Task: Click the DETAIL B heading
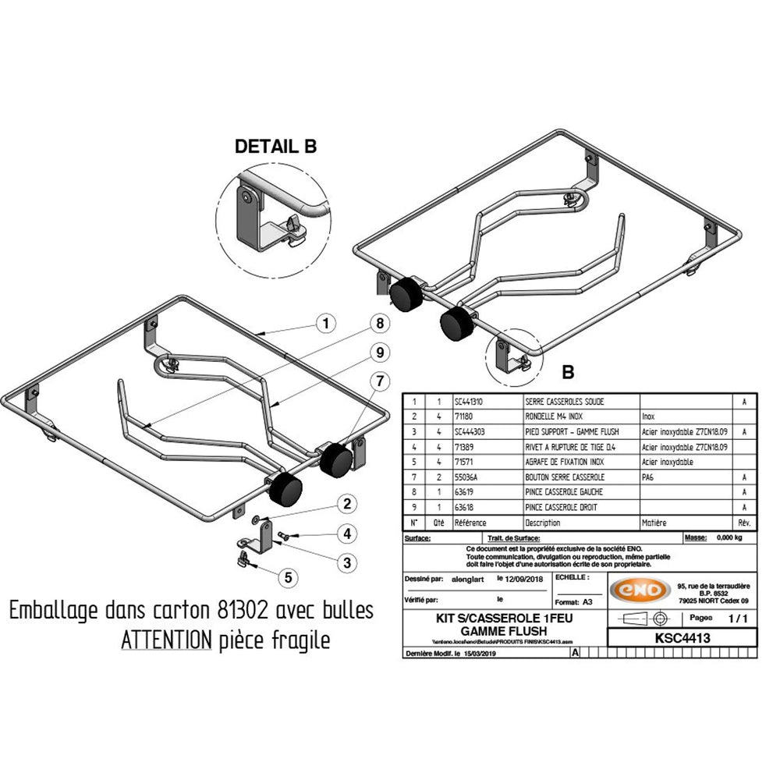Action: tap(276, 147)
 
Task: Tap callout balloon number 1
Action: tap(327, 323)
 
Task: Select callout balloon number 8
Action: tap(380, 323)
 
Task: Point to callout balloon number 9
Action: tap(380, 353)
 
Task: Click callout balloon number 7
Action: tap(380, 381)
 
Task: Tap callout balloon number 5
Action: tap(289, 578)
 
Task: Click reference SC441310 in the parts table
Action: tap(470, 401)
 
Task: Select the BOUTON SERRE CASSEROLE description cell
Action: tap(565, 477)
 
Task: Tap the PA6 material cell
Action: tap(649, 477)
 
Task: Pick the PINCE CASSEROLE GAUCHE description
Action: tap(565, 492)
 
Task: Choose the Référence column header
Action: tap(470, 523)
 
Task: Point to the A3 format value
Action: tap(587, 603)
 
